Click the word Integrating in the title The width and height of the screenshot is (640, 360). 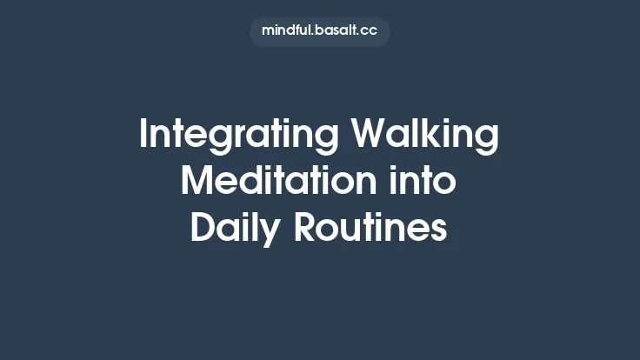[238, 137]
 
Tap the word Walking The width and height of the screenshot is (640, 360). [426, 137]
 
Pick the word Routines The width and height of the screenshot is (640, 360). [370, 229]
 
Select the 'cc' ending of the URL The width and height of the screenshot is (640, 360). [369, 32]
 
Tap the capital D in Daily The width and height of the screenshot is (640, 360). [202, 229]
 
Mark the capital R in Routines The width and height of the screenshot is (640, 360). [305, 229]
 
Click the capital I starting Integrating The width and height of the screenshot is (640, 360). [143, 136]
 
